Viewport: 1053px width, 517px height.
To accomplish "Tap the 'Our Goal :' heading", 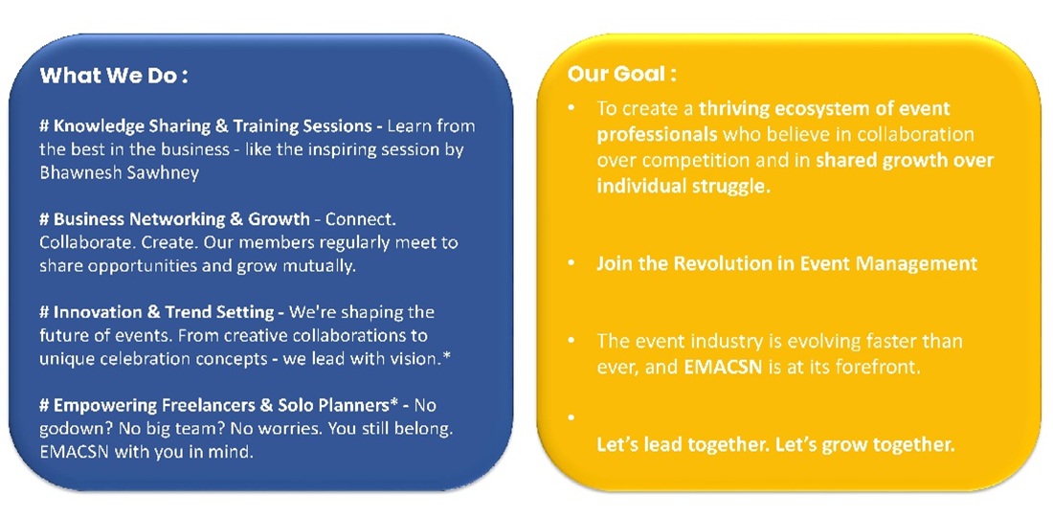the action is (621, 74).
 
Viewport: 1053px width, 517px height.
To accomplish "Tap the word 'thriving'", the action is (732, 109).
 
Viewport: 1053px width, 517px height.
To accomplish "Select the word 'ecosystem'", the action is (812, 109).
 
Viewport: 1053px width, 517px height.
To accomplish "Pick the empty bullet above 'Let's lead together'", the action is (571, 418).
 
